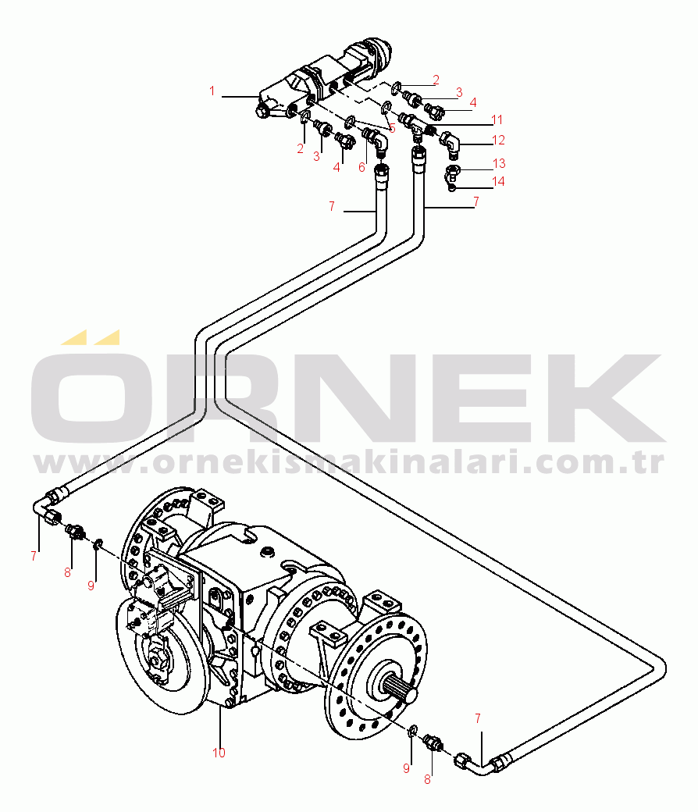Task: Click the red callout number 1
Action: [x=212, y=91]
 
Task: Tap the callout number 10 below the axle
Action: [x=219, y=753]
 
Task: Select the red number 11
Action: [x=497, y=120]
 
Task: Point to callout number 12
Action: [x=499, y=141]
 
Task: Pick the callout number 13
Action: [x=499, y=163]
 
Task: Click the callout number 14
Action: [x=499, y=181]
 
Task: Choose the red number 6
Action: [x=361, y=166]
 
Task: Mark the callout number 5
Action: [x=392, y=127]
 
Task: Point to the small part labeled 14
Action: [x=453, y=186]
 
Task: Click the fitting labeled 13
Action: [x=454, y=168]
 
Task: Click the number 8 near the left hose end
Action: [x=68, y=572]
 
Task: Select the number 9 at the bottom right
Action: [x=406, y=768]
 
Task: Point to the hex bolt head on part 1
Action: [x=262, y=112]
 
